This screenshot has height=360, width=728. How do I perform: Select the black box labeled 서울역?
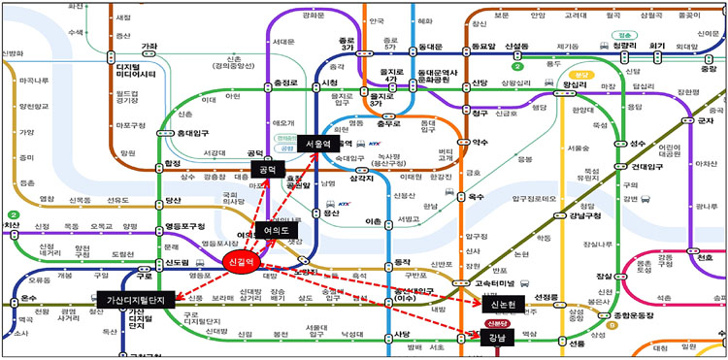pos(317,143)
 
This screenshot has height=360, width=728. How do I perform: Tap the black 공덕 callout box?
pos(264,169)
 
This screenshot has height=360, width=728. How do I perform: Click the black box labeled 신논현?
pos(501,304)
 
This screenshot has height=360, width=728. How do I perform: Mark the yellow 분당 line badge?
pos(581,73)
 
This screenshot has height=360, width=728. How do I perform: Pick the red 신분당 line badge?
pos(499,323)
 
